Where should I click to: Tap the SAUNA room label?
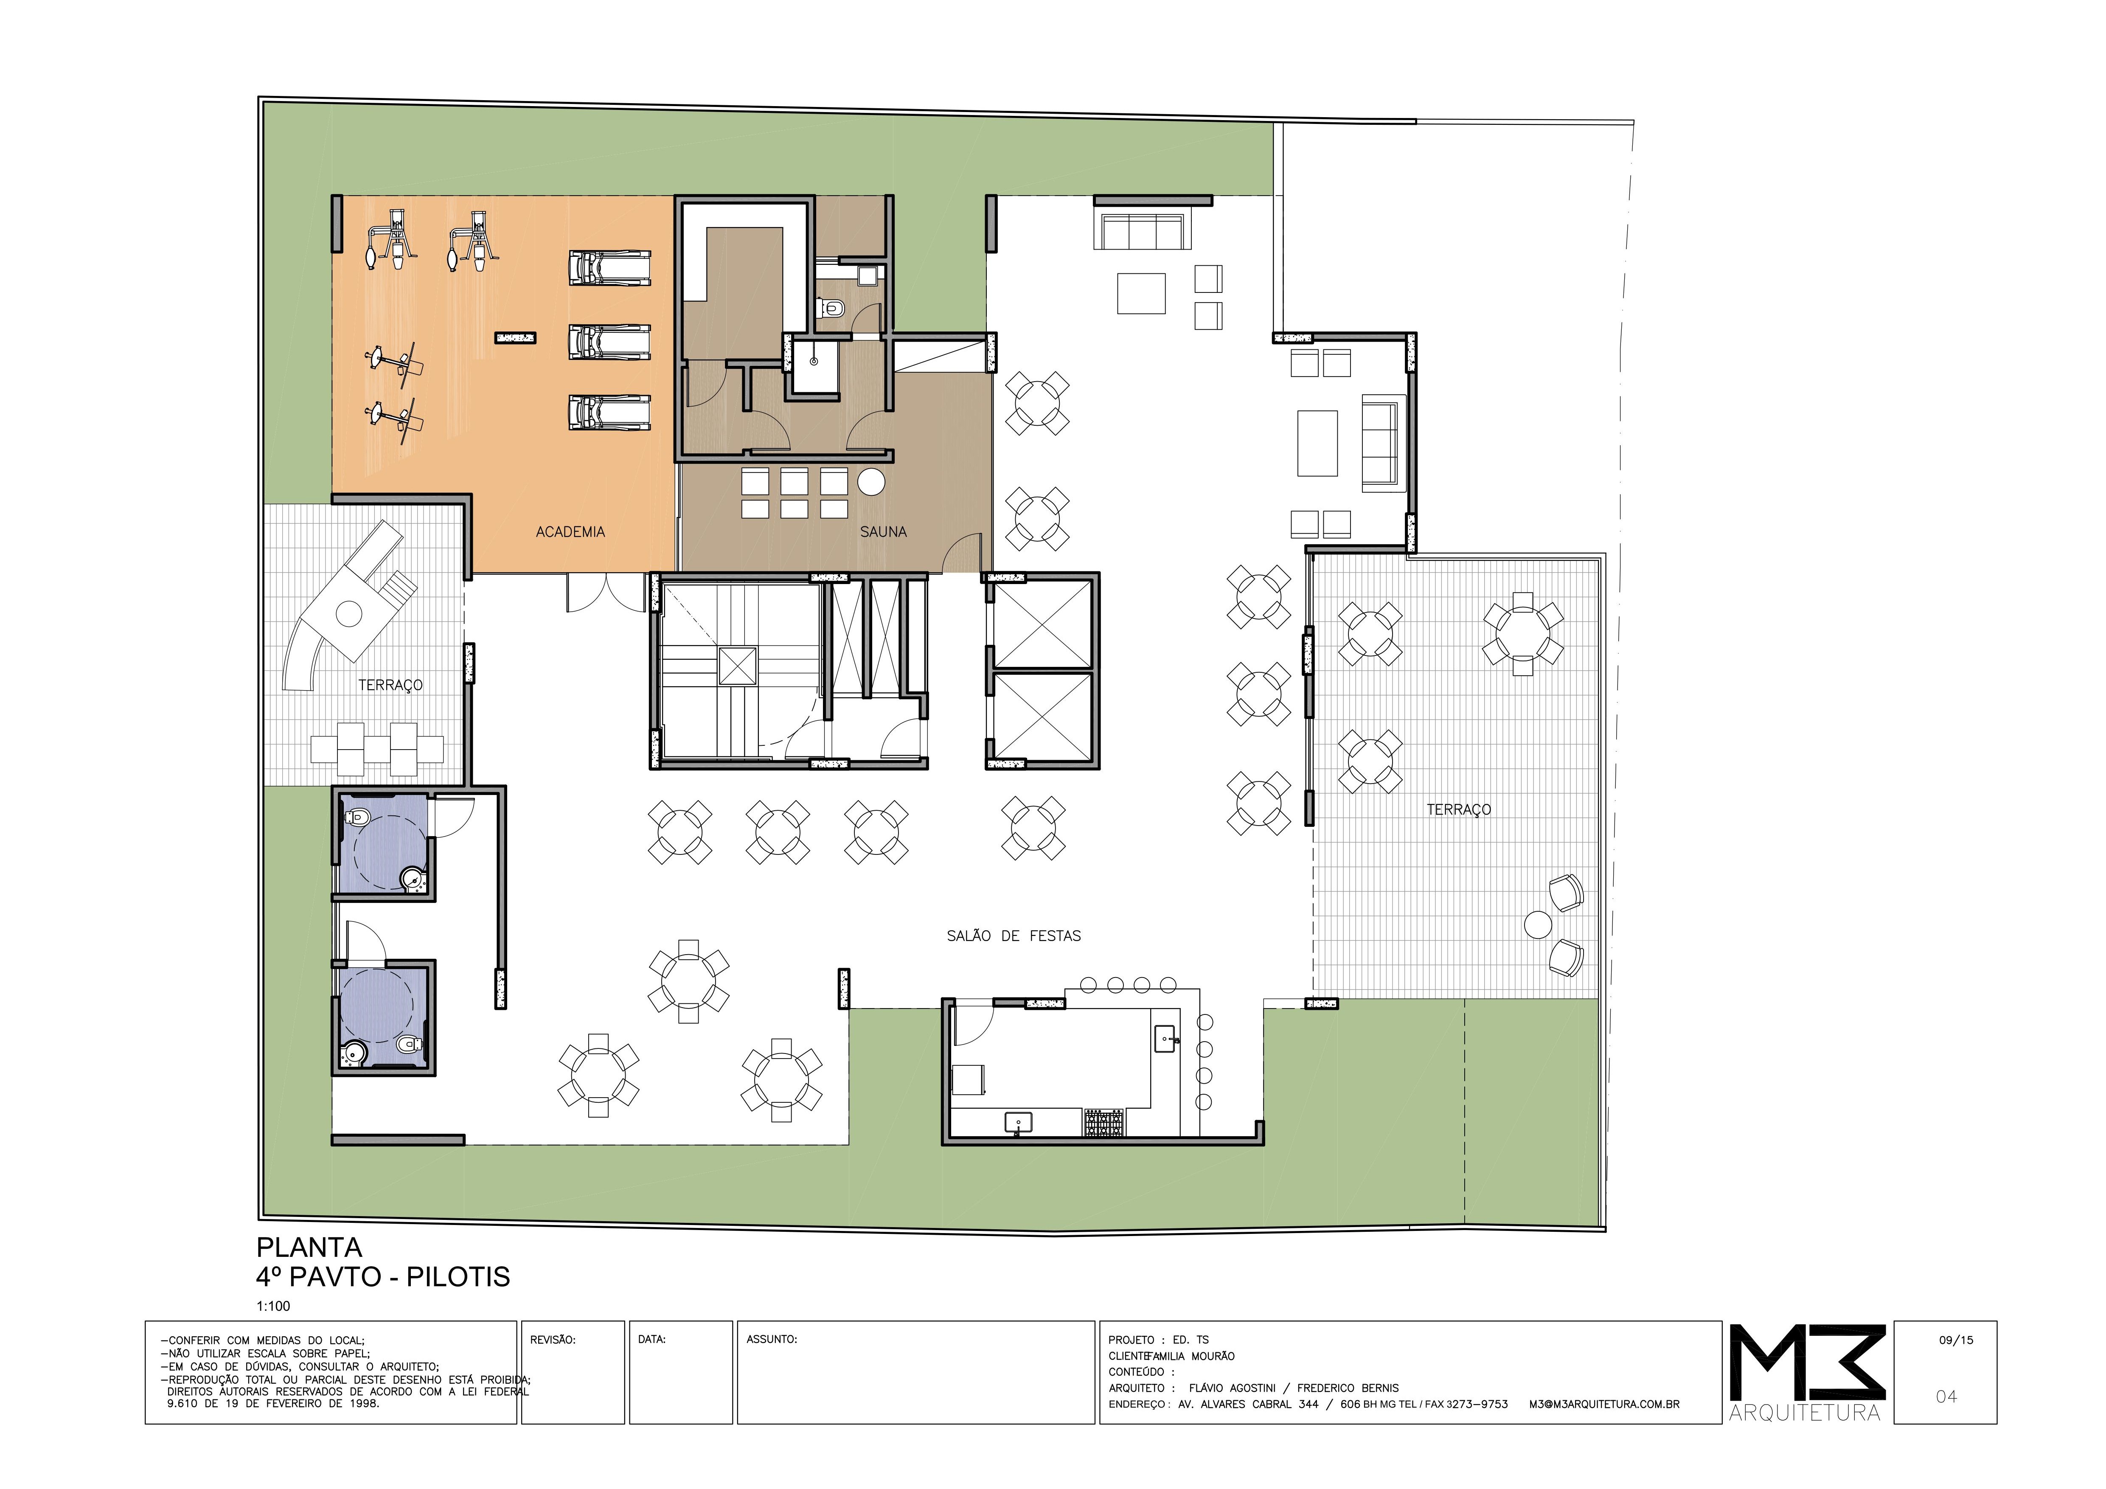883,532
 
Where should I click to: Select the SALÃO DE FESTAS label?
1014,936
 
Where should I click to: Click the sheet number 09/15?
1957,1340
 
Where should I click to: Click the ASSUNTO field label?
772,1340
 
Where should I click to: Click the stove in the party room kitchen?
1104,1123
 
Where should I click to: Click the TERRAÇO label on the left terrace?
390,686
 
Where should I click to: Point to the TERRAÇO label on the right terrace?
1458,809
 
